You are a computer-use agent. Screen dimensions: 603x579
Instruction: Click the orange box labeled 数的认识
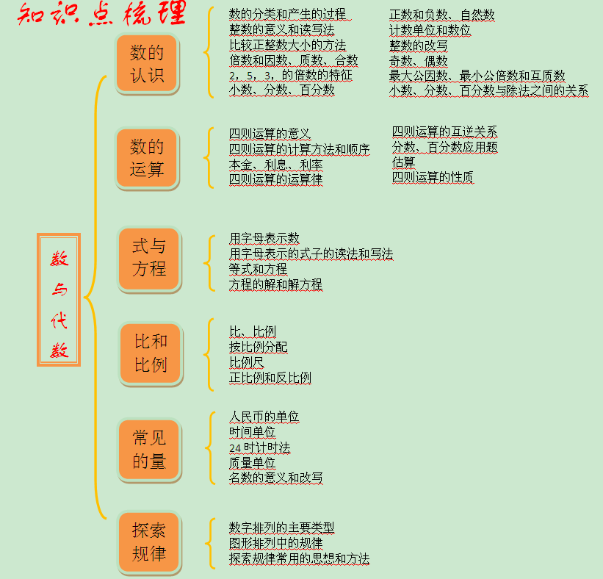[x=146, y=63]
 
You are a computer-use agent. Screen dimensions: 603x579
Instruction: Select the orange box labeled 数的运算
[x=146, y=158]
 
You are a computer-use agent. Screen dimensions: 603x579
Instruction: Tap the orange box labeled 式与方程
[x=149, y=258]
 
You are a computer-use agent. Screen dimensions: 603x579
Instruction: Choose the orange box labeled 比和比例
[x=151, y=353]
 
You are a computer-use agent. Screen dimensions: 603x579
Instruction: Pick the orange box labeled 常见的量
[x=149, y=450]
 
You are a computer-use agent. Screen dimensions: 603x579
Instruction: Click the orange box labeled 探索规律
[x=149, y=542]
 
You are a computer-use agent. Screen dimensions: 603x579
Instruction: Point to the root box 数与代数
[x=59, y=300]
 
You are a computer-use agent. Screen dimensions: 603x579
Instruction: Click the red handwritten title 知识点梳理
[x=102, y=14]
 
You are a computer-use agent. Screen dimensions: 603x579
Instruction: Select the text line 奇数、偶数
[x=419, y=61]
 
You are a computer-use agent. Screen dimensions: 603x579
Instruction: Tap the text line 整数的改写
[x=419, y=46]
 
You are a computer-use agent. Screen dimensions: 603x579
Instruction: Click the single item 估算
[x=403, y=162]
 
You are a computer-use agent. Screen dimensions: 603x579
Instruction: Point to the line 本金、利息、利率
[x=275, y=165]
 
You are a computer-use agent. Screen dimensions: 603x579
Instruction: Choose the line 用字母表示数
[x=264, y=238]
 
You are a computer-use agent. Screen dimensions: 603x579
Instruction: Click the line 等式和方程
[x=258, y=269]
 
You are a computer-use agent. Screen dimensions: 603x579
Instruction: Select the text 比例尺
[x=247, y=362]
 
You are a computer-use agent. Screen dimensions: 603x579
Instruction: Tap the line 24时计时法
[x=260, y=447]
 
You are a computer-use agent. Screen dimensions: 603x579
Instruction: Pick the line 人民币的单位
[x=264, y=417]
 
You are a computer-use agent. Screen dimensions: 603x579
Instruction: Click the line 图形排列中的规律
[x=275, y=543]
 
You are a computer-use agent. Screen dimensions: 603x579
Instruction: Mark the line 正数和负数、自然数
[x=442, y=15]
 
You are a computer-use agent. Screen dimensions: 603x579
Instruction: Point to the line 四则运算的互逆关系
[x=444, y=132]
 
